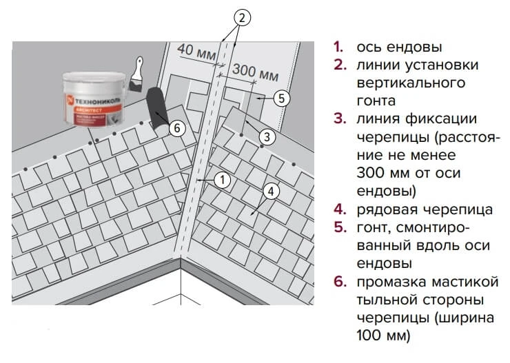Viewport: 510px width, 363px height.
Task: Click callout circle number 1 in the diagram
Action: pyautogui.click(x=221, y=179)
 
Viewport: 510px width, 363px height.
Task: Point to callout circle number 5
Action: pyautogui.click(x=279, y=98)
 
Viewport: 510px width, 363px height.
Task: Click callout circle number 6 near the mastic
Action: pyautogui.click(x=176, y=128)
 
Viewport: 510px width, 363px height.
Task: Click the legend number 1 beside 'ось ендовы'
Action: pyautogui.click(x=338, y=48)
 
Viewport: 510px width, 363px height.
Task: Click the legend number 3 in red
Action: pyautogui.click(x=338, y=118)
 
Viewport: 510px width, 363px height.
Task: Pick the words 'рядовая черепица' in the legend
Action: pyautogui.click(x=424, y=209)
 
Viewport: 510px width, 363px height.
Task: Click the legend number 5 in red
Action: pyautogui.click(x=338, y=227)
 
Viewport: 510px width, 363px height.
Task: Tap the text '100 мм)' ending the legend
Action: pyautogui.click(x=383, y=335)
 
